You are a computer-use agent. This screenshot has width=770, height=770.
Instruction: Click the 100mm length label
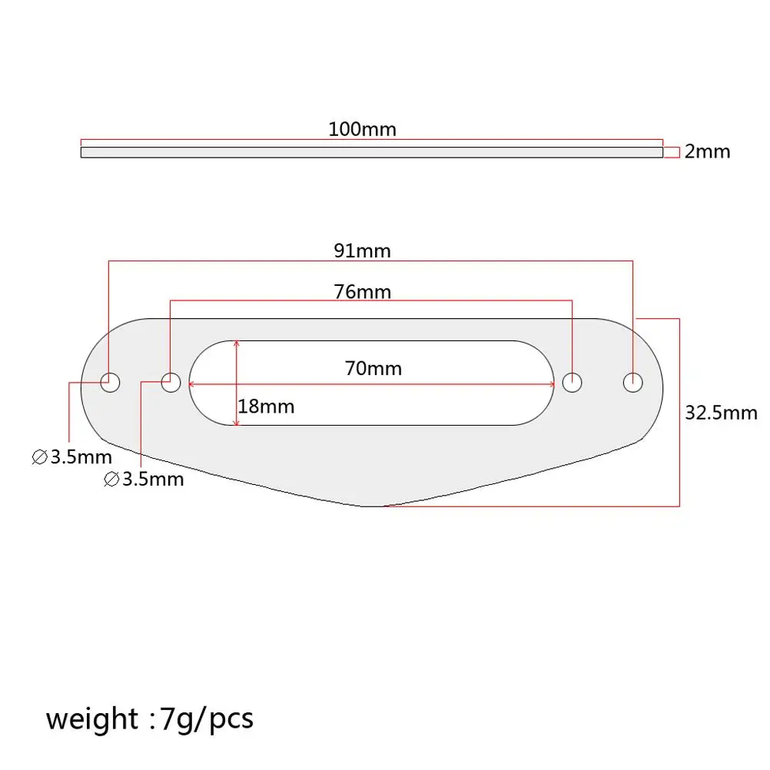point(362,129)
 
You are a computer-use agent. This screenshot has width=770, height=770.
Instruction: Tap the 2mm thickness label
point(707,151)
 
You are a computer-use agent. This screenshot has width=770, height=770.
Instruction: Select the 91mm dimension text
point(362,251)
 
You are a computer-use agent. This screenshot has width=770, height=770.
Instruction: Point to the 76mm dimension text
point(362,292)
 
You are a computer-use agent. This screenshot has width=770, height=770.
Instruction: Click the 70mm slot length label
point(373,369)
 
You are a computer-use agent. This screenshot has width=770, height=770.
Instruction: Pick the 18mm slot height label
point(266,406)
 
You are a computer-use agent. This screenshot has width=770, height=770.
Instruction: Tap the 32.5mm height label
point(721,413)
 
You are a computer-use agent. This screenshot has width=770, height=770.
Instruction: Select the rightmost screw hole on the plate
point(633,381)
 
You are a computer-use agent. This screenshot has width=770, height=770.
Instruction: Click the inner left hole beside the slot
point(171,381)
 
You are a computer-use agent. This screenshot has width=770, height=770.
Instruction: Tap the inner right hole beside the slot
point(573,381)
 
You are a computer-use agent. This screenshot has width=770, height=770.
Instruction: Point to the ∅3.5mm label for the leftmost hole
point(71,458)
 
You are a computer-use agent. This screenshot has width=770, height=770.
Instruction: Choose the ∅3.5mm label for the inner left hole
point(144,480)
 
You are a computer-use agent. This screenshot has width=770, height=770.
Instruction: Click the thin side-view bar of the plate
point(371,152)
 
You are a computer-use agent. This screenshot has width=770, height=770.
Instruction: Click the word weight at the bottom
point(91,719)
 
